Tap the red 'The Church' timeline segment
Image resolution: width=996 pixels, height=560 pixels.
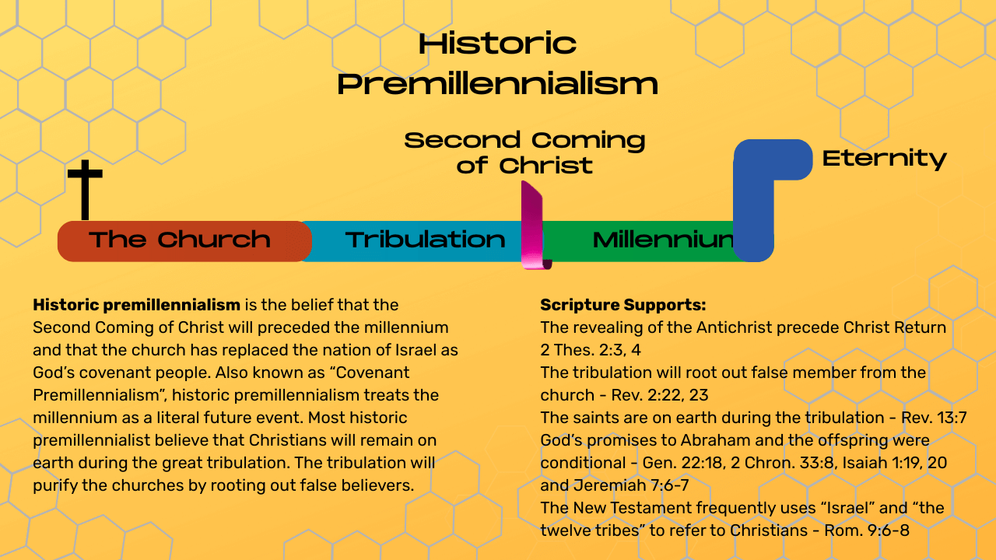(x=184, y=241)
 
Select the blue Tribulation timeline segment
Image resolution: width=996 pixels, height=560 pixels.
(x=416, y=241)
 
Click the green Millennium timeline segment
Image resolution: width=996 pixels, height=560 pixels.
(x=638, y=241)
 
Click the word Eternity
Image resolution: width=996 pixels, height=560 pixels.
(x=885, y=159)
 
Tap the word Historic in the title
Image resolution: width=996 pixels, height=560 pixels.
(x=497, y=44)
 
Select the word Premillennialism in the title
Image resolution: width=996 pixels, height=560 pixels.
(x=497, y=83)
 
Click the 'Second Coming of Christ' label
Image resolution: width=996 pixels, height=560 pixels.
(x=524, y=152)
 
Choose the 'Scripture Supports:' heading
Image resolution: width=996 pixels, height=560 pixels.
(x=623, y=305)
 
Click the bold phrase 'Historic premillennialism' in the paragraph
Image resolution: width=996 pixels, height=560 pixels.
(x=136, y=305)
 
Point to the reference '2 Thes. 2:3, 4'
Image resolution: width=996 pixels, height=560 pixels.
(x=591, y=350)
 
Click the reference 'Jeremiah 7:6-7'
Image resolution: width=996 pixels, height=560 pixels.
(x=631, y=485)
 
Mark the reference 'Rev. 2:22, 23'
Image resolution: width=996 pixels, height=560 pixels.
(x=659, y=395)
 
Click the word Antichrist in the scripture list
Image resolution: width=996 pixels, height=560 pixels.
(x=734, y=327)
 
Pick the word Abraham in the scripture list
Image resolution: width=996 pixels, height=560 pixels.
(x=715, y=440)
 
